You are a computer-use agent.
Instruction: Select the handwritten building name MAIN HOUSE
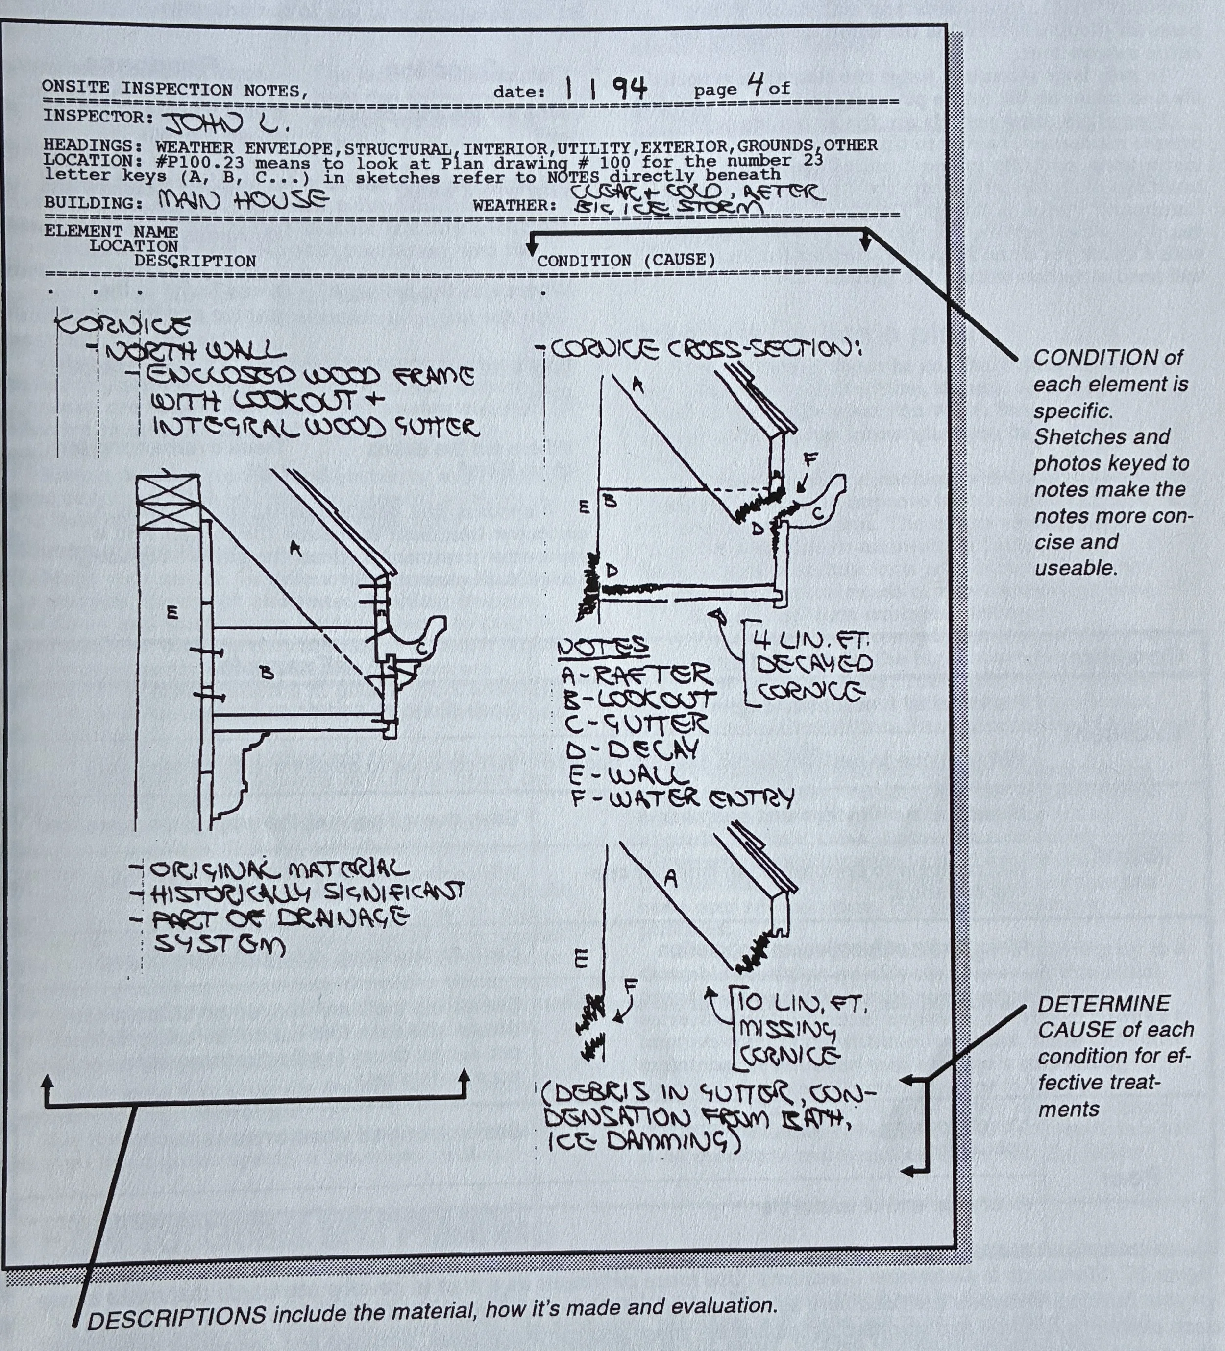point(243,199)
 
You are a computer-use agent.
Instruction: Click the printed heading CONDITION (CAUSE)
point(626,260)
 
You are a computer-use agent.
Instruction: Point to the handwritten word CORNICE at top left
point(122,325)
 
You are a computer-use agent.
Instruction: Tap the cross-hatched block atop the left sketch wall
point(168,501)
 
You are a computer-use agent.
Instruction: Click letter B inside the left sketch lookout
point(267,672)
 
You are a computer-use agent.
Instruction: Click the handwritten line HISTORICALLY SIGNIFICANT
point(306,893)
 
